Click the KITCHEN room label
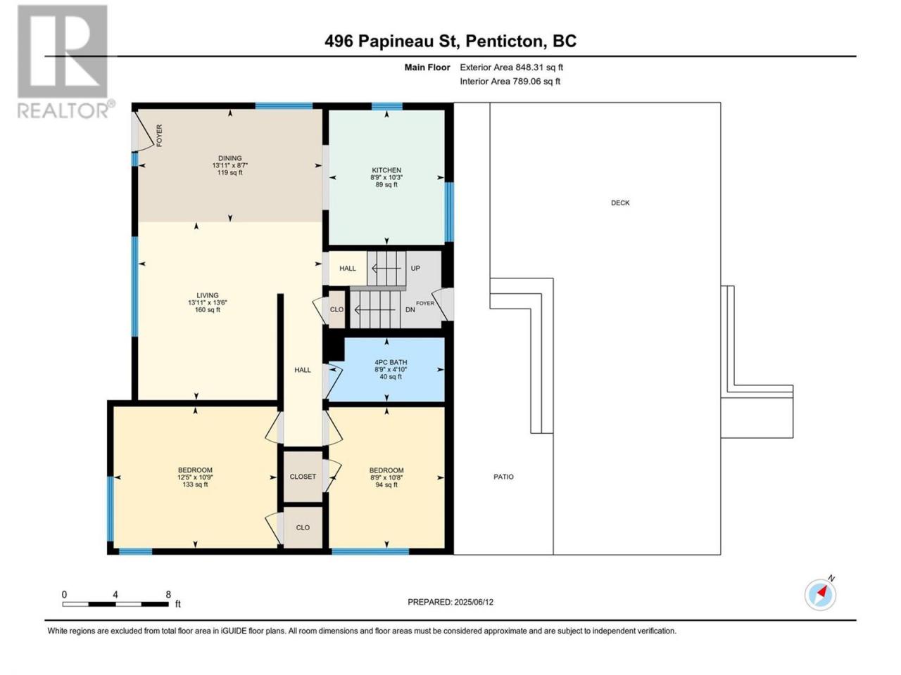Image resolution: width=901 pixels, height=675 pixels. tap(386, 170)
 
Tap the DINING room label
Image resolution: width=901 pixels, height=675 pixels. tap(230, 158)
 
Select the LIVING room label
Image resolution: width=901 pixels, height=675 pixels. tap(207, 295)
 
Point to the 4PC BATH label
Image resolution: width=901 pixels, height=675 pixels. tap(391, 362)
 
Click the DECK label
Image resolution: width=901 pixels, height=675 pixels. tap(620, 203)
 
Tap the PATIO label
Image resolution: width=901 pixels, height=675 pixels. tap(503, 477)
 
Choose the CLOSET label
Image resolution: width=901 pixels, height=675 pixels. tap(303, 477)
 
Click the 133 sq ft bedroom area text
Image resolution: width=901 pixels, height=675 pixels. tap(195, 484)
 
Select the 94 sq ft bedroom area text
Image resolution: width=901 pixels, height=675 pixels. tap(386, 485)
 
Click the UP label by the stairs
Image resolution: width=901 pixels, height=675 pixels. tap(415, 269)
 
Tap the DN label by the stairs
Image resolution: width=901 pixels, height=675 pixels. tap(410, 310)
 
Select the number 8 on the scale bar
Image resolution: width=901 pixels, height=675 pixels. tap(168, 594)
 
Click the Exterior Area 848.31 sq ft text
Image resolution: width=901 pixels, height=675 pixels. tap(512, 67)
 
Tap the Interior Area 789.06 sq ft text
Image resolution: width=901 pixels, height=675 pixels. tap(510, 81)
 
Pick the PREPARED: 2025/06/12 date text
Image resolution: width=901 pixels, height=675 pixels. tap(450, 603)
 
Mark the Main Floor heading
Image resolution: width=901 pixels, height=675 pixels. tap(427, 67)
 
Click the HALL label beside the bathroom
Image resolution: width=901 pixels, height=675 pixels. tap(303, 370)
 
